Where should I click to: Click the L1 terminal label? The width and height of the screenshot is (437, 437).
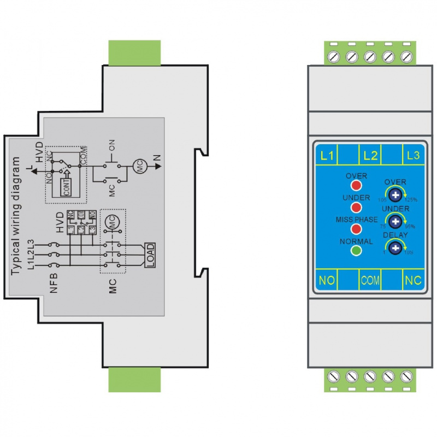[x=327, y=155]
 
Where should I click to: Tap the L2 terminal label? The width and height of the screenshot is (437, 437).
[x=370, y=155]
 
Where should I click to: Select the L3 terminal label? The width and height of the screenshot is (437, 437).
[x=413, y=155]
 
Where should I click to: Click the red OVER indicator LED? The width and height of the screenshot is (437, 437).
[x=356, y=186]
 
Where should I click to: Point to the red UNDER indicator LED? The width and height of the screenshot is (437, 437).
[x=356, y=208]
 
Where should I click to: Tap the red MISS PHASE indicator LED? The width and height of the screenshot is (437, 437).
[x=356, y=229]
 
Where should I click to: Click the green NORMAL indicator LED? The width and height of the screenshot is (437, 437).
[x=356, y=251]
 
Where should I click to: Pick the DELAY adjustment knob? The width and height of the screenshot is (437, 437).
[x=395, y=248]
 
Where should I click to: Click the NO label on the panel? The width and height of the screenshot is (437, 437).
[x=327, y=281]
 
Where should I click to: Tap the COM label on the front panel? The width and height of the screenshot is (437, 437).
[x=370, y=281]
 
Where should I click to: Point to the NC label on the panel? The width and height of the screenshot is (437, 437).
[x=413, y=281]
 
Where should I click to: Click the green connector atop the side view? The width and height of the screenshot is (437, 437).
[x=134, y=51]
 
